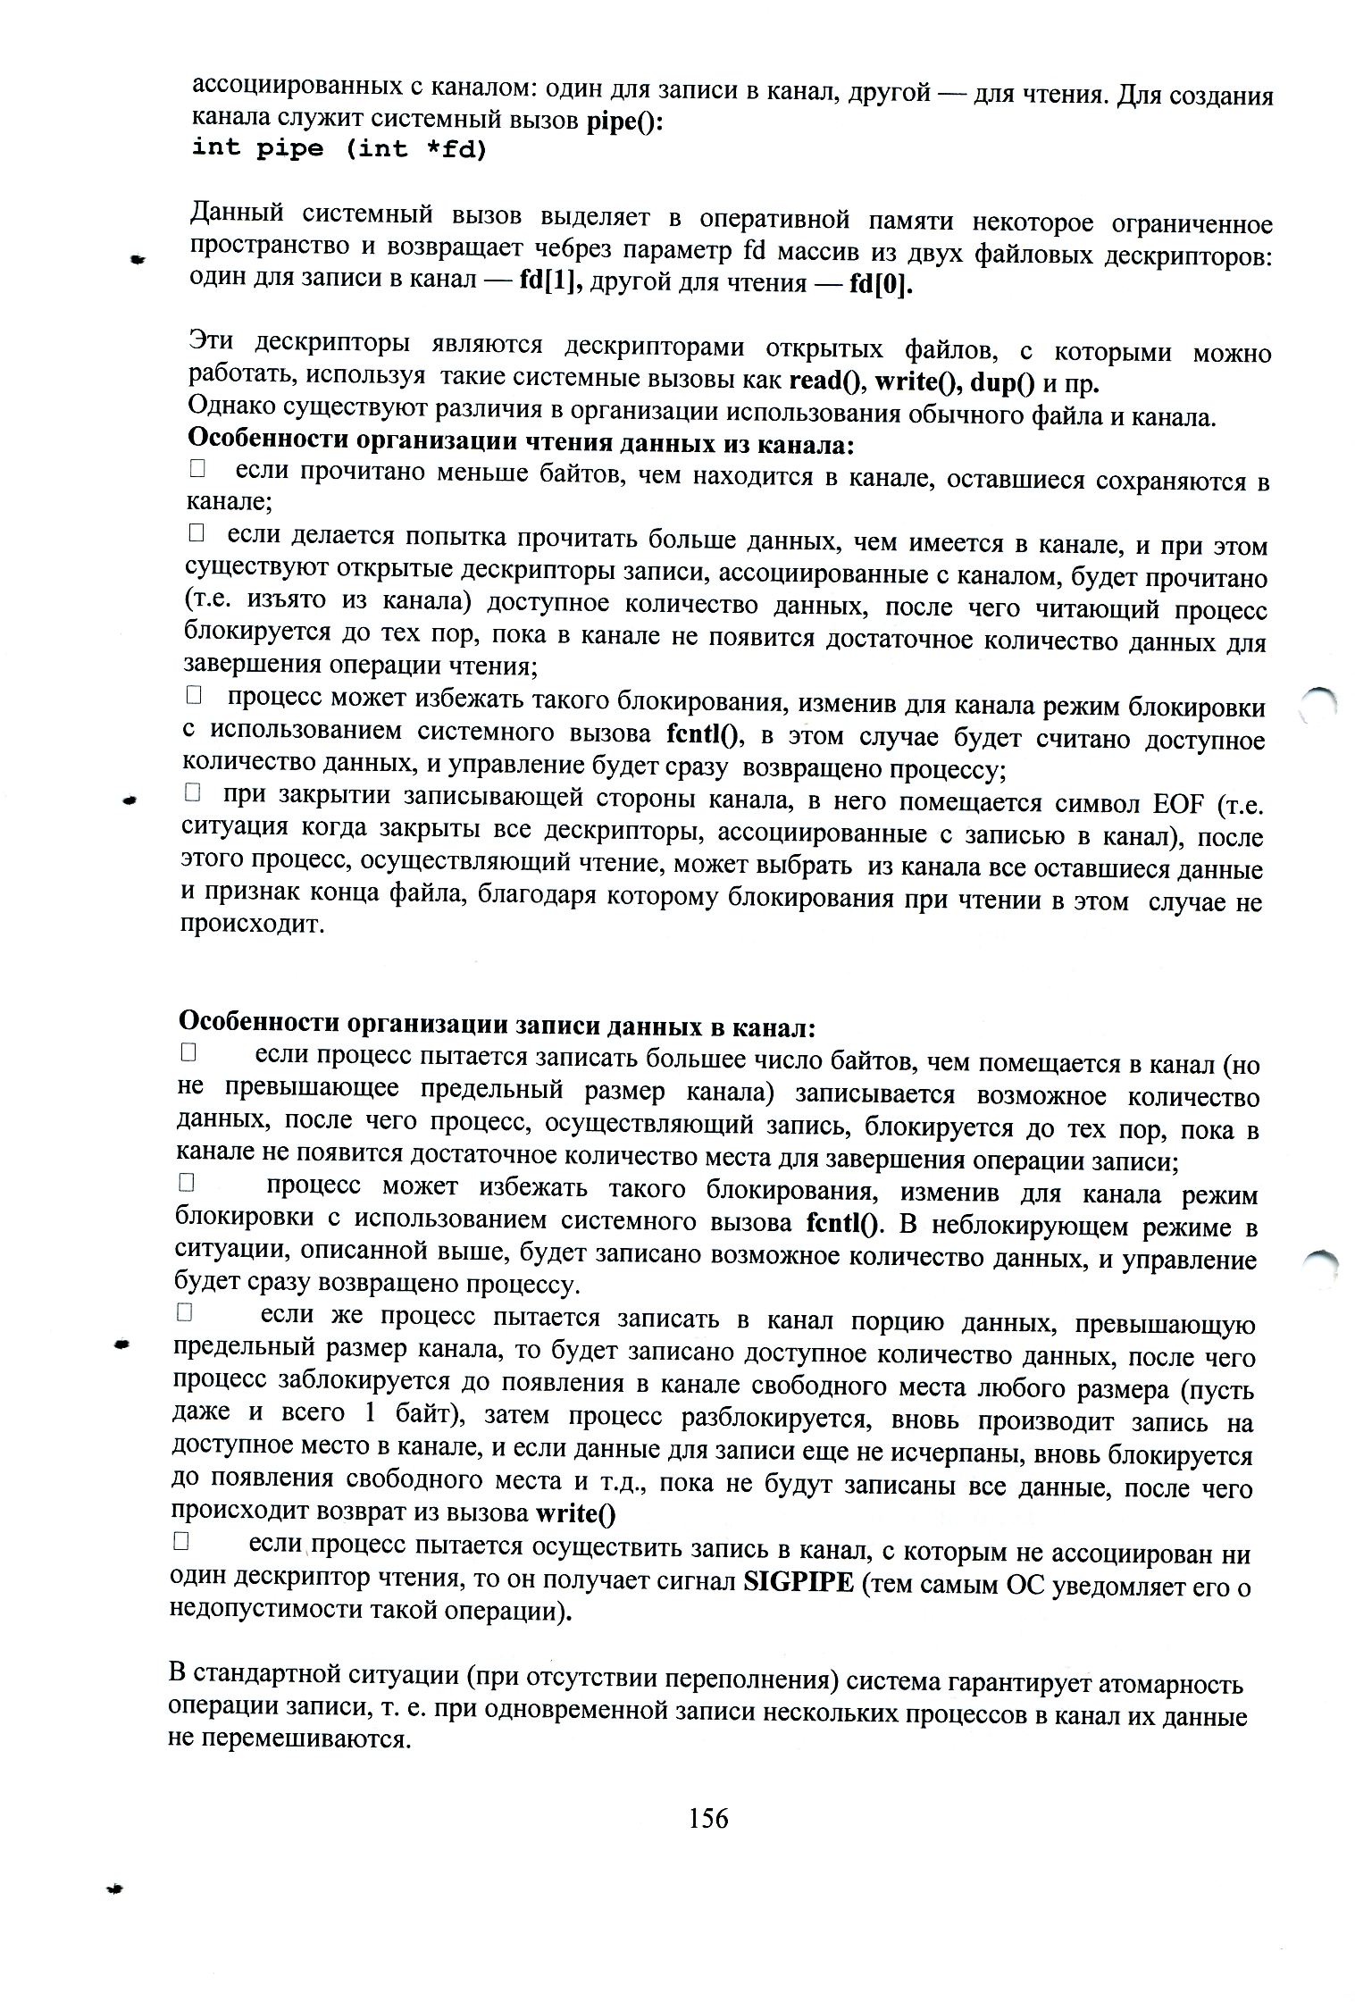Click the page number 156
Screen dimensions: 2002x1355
pos(708,1817)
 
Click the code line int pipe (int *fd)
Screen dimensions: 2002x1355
pos(339,148)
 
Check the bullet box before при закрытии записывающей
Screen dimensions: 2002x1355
pos(192,792)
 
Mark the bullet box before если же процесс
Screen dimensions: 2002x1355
pos(185,1312)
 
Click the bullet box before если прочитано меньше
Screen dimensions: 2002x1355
pos(197,467)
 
